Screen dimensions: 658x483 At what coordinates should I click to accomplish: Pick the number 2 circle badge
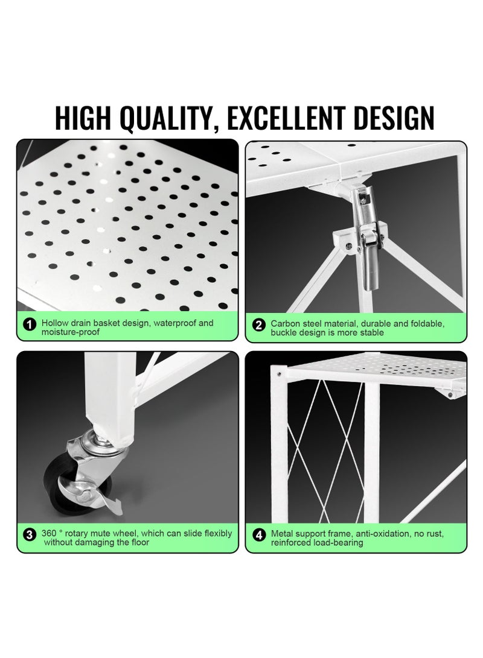click(x=259, y=326)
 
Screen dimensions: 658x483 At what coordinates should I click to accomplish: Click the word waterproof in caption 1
click(x=175, y=323)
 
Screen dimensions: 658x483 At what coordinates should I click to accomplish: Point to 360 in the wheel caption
click(x=50, y=533)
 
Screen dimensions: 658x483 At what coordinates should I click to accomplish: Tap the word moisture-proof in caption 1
click(x=70, y=332)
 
